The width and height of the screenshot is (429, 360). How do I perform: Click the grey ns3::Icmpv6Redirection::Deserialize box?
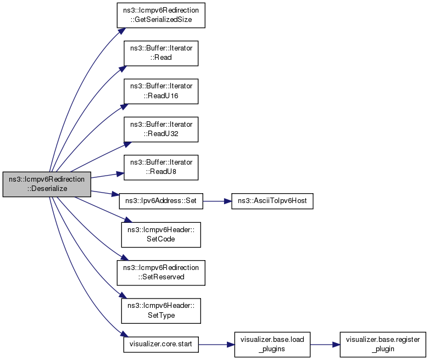(x=47, y=184)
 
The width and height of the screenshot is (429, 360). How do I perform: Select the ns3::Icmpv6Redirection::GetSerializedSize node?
(x=161, y=15)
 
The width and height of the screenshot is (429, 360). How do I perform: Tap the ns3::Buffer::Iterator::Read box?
(x=161, y=53)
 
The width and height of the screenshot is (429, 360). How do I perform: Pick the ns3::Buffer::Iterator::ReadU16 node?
(x=161, y=91)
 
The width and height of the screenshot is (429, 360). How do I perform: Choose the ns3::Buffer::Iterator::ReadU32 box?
(x=161, y=130)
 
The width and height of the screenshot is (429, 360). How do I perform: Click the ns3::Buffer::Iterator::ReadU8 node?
(x=161, y=167)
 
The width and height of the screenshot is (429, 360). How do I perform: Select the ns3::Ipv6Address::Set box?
(x=161, y=201)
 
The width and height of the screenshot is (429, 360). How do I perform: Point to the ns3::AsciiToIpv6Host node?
(x=272, y=201)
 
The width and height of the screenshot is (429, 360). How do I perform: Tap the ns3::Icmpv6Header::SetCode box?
(x=161, y=235)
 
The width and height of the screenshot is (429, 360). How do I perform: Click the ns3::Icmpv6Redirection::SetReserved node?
(x=161, y=273)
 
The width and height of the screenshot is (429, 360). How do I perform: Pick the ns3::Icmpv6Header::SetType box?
(x=161, y=311)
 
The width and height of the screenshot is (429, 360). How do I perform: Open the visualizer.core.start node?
(x=161, y=345)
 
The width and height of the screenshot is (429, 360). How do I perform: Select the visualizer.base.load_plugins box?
(x=272, y=345)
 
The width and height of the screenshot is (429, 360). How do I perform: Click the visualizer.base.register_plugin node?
(x=383, y=345)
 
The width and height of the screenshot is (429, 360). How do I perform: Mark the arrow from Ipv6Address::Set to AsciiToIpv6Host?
(x=217, y=201)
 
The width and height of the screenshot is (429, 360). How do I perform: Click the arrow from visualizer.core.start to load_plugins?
(x=216, y=345)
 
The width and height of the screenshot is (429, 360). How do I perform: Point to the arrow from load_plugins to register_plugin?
(x=325, y=345)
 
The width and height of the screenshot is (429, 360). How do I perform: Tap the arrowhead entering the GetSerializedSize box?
(x=122, y=31)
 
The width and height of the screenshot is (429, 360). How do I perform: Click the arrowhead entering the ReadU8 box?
(x=120, y=174)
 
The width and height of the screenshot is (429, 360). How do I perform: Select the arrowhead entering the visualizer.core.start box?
(x=124, y=334)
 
